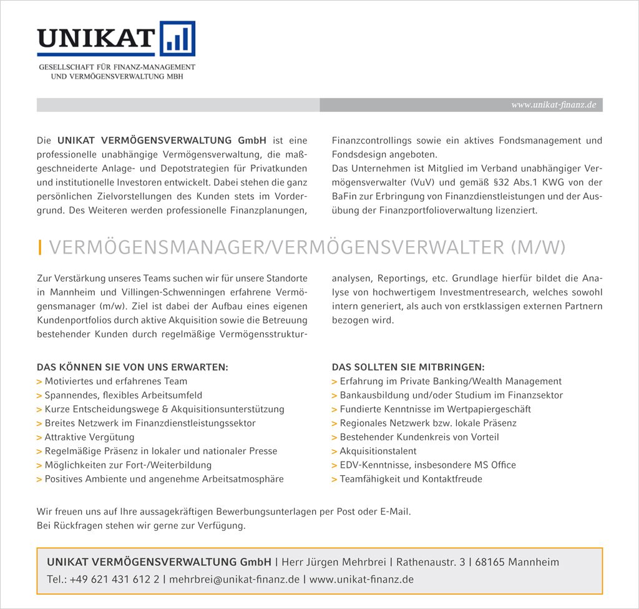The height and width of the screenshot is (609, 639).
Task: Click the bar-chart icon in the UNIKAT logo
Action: [x=178, y=39]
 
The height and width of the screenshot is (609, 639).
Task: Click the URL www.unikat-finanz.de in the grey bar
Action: [x=554, y=105]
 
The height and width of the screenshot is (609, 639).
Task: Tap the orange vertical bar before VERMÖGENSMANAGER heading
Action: [x=40, y=248]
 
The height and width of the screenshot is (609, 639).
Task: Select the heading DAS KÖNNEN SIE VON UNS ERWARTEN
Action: [x=132, y=367]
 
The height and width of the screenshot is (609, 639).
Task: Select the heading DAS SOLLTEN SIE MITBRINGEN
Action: [x=408, y=367]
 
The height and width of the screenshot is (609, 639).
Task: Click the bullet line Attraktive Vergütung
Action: [x=89, y=437]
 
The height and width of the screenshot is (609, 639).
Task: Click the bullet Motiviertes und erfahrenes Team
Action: [x=115, y=381]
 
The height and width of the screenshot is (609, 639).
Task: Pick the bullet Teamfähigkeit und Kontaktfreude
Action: [x=411, y=479]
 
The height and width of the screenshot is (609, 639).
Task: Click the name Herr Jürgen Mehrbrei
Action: [x=334, y=562]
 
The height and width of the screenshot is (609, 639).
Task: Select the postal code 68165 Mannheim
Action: [x=517, y=562]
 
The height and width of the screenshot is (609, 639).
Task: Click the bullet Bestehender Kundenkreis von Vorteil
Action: [x=419, y=437]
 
